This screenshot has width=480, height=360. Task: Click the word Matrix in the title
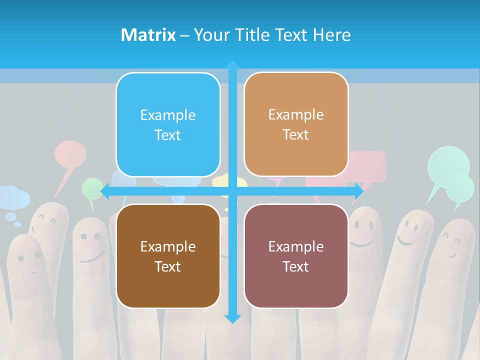pos(148,34)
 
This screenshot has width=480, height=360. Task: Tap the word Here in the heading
pos(331,34)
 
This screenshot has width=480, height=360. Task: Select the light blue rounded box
pos(168,124)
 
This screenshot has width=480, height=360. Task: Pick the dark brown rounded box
pos(168,256)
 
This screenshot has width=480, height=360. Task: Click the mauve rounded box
pos(296,256)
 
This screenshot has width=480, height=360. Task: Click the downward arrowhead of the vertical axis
pos(232,318)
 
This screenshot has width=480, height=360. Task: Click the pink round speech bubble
pos(70,154)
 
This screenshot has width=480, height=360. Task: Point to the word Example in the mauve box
pos(296,246)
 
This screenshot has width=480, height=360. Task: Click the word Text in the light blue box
pos(167,135)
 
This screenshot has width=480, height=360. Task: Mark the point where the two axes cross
pos(232,191)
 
